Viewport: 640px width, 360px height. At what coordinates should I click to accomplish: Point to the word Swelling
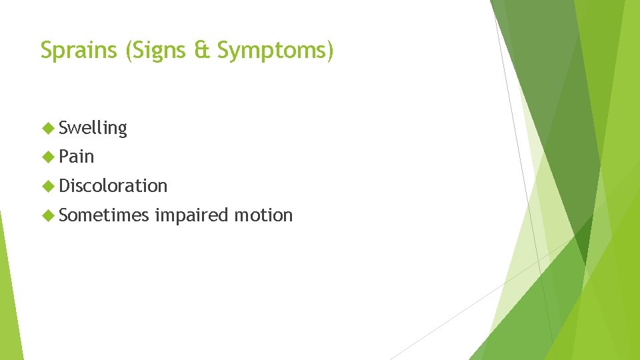(93, 128)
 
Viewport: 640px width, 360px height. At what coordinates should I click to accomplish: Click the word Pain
(77, 157)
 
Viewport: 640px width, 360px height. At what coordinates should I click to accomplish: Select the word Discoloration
(113, 185)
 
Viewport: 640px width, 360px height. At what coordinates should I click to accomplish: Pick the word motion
(263, 215)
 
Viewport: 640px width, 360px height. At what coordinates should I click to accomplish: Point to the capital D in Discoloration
(65, 185)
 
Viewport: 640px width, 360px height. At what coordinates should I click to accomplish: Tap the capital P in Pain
(64, 157)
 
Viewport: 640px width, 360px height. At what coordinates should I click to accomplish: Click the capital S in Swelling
(64, 127)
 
